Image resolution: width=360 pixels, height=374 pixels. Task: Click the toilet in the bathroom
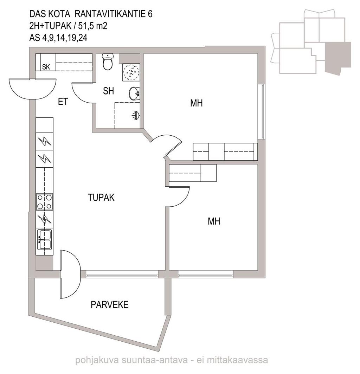[x=108, y=62]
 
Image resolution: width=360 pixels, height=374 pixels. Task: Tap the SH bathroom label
[x=108, y=91]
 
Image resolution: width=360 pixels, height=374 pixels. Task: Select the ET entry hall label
[x=63, y=102]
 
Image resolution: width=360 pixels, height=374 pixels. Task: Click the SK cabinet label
[x=46, y=67]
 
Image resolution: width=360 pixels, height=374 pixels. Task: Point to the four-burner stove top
[x=44, y=202]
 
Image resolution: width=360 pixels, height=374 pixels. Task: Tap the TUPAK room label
[x=101, y=198]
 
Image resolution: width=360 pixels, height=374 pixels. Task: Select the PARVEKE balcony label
[x=109, y=305]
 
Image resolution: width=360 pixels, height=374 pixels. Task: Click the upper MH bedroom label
[x=196, y=103]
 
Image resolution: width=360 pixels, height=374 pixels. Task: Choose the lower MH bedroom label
[x=214, y=221]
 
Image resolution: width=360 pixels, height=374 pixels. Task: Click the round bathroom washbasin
[x=134, y=93]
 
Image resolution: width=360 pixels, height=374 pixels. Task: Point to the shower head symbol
[x=136, y=115]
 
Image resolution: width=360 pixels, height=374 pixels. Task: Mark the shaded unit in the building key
[x=337, y=57]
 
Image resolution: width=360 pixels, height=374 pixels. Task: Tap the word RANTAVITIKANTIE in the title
[x=110, y=14]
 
